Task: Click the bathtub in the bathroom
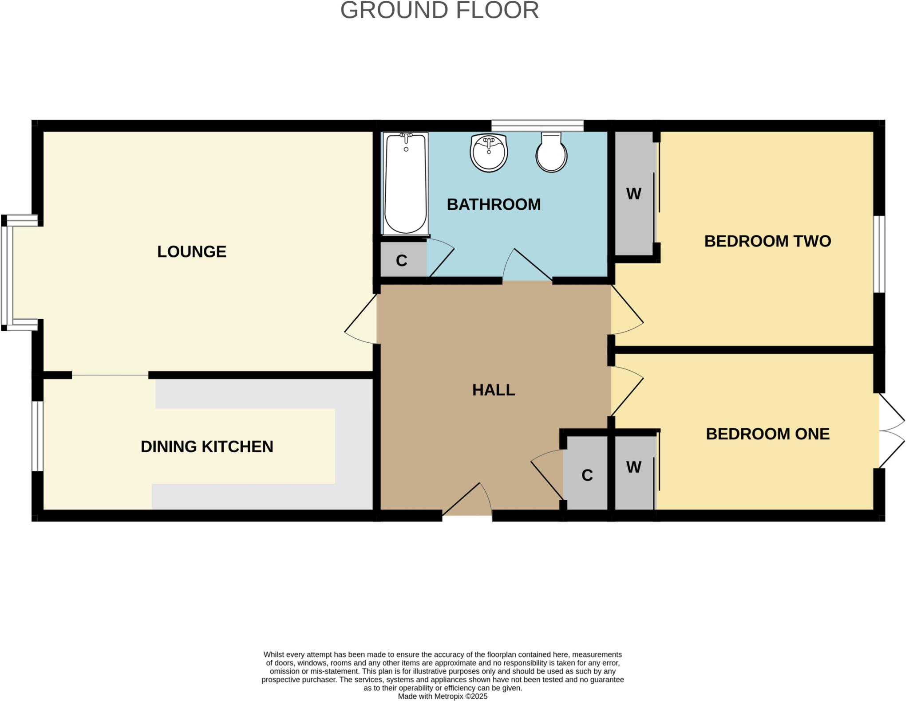point(405,184)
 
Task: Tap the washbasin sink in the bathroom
point(489,153)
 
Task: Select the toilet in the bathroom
point(551,153)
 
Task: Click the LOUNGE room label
point(192,252)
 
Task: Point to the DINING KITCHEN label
point(207,446)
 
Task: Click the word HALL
point(494,390)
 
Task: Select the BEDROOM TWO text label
point(767,241)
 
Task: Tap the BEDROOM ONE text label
point(767,434)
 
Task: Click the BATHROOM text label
point(494,204)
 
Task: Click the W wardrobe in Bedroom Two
point(634,194)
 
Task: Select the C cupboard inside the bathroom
point(402,261)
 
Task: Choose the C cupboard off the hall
point(587,475)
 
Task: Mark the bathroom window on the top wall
point(537,126)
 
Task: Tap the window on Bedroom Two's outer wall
point(879,254)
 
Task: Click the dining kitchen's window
point(38,436)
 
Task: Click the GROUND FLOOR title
point(439,10)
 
